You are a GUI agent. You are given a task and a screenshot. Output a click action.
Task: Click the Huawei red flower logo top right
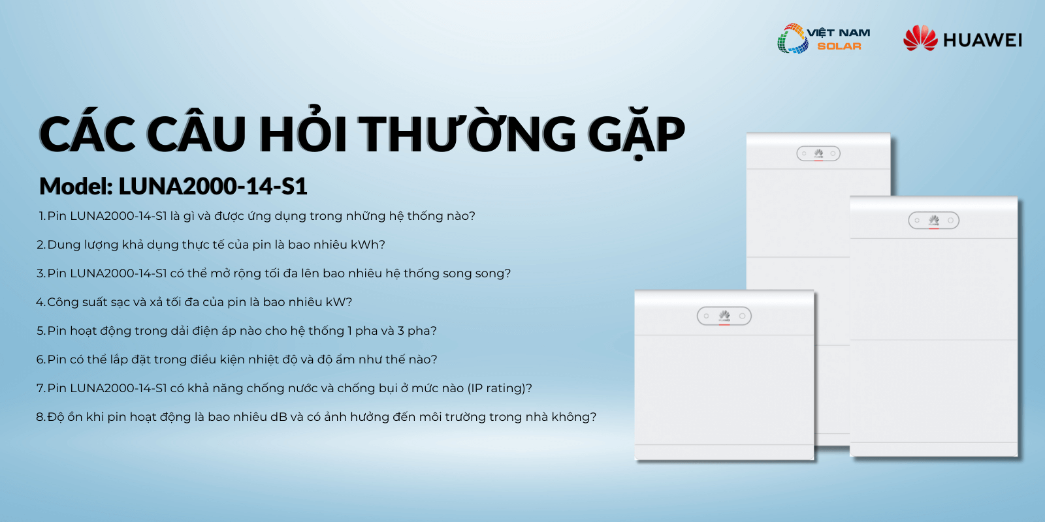click(920, 38)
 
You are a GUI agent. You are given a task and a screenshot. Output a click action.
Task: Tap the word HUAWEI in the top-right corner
click(982, 40)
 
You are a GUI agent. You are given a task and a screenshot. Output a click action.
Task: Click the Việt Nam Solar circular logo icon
click(793, 38)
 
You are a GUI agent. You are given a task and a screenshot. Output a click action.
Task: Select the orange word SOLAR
click(839, 46)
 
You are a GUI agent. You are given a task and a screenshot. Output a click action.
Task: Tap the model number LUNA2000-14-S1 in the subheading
click(213, 186)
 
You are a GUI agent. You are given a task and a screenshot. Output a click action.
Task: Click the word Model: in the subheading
click(76, 186)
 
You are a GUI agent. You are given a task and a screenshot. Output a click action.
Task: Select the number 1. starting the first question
click(42, 216)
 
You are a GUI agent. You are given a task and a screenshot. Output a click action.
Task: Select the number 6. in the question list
click(41, 360)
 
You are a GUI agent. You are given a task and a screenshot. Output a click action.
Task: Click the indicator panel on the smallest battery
click(724, 316)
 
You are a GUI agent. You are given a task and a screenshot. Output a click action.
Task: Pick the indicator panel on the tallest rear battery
click(818, 153)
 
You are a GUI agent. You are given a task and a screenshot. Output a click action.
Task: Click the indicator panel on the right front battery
click(933, 221)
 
